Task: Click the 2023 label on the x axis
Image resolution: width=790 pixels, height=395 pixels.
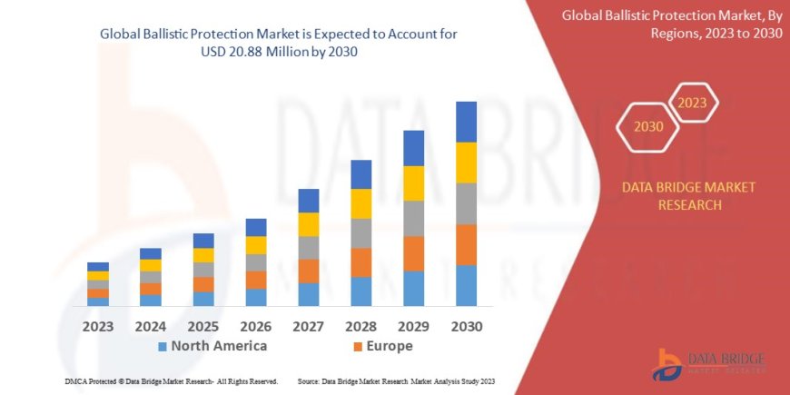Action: pyautogui.click(x=97, y=326)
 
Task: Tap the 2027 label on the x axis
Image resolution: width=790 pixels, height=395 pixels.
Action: pyautogui.click(x=308, y=326)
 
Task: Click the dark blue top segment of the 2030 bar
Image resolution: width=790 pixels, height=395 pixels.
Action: pyautogui.click(x=466, y=122)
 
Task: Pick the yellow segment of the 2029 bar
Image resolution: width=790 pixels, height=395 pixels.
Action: pyautogui.click(x=413, y=183)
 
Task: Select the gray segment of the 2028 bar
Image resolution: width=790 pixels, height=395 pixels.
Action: pyautogui.click(x=360, y=233)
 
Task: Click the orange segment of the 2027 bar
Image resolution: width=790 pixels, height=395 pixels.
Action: pyautogui.click(x=308, y=271)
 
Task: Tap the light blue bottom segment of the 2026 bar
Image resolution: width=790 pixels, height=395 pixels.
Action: pyautogui.click(x=256, y=297)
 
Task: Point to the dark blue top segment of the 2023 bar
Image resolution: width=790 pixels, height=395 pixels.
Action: pyautogui.click(x=98, y=266)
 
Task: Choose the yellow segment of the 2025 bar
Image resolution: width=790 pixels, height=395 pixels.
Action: pyautogui.click(x=203, y=255)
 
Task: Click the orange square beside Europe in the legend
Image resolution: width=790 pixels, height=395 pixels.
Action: pyautogui.click(x=358, y=347)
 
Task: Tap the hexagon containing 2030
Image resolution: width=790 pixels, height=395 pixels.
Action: pyautogui.click(x=648, y=126)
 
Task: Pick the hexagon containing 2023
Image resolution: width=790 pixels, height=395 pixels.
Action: pyautogui.click(x=693, y=102)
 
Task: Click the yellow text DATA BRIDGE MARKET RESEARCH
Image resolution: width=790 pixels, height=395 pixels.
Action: pyautogui.click(x=687, y=196)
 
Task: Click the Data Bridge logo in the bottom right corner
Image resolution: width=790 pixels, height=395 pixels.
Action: pyautogui.click(x=708, y=363)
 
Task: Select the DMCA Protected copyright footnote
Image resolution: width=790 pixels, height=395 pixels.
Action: pyautogui.click(x=171, y=381)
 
